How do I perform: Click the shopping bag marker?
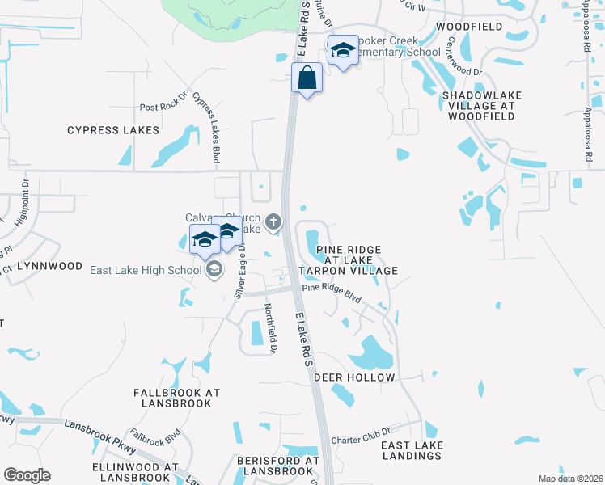pos(307,79)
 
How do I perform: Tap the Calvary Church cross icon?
pos(274,221)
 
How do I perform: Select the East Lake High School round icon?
pos(214,269)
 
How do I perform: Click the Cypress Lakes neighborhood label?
pos(113,130)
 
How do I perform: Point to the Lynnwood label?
pos(53,266)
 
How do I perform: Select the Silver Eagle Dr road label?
pos(239,273)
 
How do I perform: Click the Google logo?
pos(27,475)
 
